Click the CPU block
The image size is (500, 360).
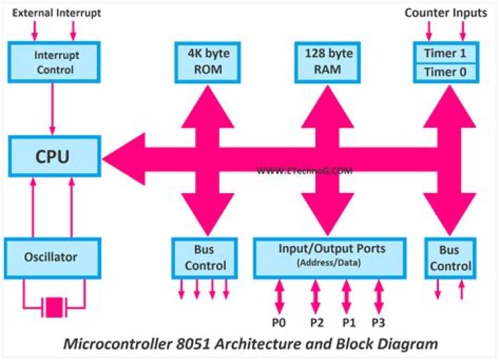(53, 156)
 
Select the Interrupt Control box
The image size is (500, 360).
(53, 60)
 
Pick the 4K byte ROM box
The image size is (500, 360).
(206, 60)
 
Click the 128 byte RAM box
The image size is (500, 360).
(326, 60)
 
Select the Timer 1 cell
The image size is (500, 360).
(444, 52)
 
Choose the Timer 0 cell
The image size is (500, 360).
(444, 72)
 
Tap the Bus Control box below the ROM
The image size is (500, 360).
(205, 257)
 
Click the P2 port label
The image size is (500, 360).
(315, 322)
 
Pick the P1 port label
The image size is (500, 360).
(347, 322)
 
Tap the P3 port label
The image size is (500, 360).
(378, 322)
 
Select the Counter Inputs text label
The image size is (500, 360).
(446, 12)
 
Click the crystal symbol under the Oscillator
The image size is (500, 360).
(53, 305)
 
